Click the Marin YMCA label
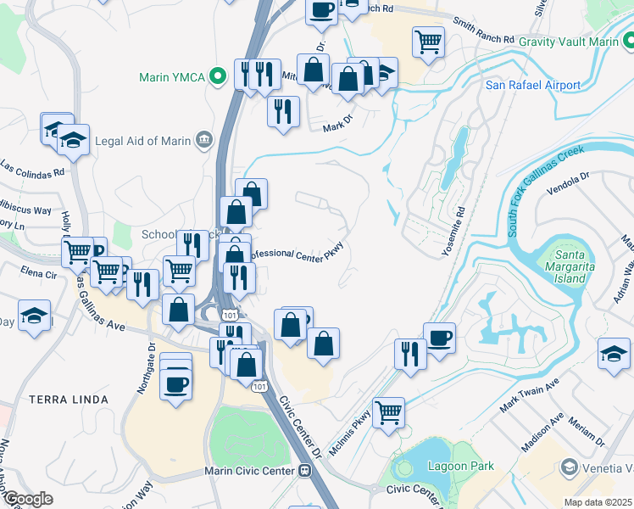pyautogui.click(x=173, y=77)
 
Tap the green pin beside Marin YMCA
pyautogui.click(x=219, y=76)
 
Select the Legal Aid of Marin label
pyautogui.click(x=144, y=140)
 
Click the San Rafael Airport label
pyautogui.click(x=532, y=85)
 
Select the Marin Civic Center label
pyautogui.click(x=249, y=472)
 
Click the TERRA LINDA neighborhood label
pyautogui.click(x=68, y=399)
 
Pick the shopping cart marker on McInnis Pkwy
pyautogui.click(x=388, y=412)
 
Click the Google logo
pyautogui.click(x=27, y=499)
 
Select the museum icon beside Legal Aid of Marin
pyautogui.click(x=203, y=140)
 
